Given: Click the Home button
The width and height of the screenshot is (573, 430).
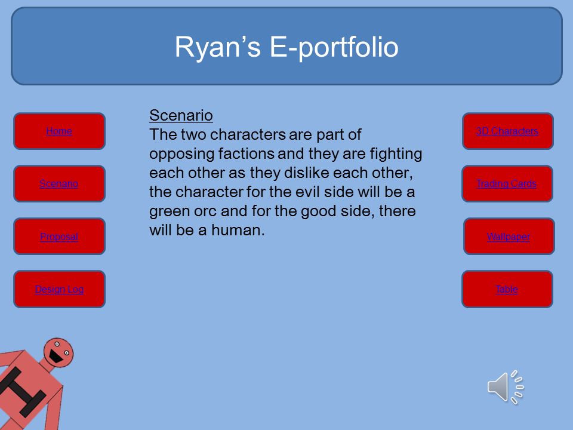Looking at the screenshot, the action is (59, 131).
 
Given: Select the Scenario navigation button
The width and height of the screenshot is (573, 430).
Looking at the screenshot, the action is (59, 183).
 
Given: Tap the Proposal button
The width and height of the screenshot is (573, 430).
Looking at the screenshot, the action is (59, 236).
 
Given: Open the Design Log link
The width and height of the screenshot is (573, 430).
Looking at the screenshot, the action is (59, 289).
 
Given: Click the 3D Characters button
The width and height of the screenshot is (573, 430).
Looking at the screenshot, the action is (507, 131).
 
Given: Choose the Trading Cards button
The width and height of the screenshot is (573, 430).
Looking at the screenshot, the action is (507, 183).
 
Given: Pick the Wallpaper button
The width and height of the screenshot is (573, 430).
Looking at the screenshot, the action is (509, 236).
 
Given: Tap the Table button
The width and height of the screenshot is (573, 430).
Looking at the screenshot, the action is (507, 289).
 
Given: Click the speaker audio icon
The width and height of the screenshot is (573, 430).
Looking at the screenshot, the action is (506, 387).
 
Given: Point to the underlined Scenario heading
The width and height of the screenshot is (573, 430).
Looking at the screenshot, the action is (181, 115).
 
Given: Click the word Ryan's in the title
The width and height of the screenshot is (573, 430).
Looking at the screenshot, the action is (217, 47).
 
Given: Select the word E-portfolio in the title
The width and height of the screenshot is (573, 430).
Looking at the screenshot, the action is (334, 47).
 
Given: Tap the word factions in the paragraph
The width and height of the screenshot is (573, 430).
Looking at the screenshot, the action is (247, 154).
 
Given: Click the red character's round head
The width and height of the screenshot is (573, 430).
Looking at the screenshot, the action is (58, 352).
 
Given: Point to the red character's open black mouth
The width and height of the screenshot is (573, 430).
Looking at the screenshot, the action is (56, 356).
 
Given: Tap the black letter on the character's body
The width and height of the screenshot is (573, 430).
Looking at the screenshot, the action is (21, 392).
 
